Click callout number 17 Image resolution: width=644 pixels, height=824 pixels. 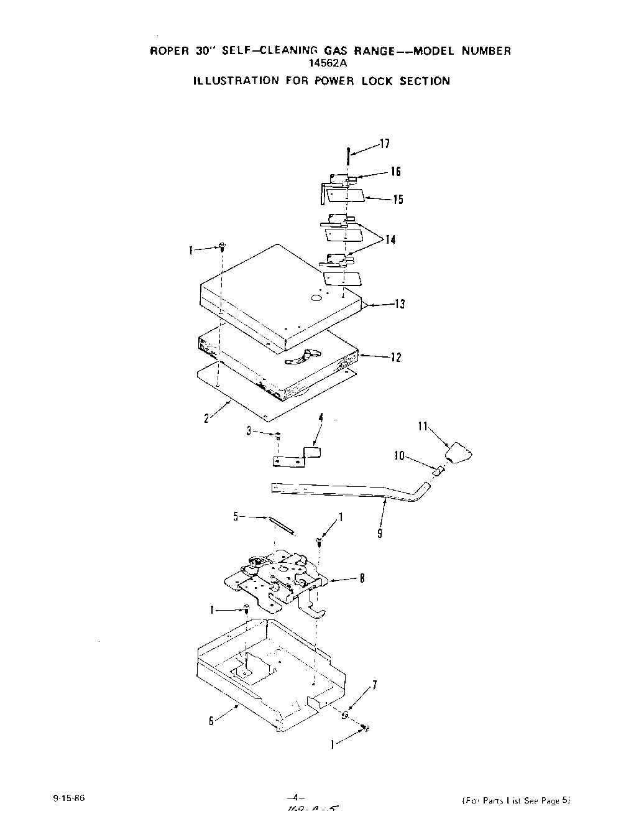pos(385,144)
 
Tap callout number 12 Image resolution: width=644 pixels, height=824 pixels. pos(396,358)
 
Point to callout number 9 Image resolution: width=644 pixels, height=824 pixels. pos(379,533)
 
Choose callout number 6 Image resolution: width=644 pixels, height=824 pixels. pos(211,721)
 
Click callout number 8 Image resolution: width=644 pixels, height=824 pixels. pos(362,578)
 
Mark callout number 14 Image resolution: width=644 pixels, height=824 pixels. pos(390,240)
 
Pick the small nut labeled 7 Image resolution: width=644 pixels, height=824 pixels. pos(345,715)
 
